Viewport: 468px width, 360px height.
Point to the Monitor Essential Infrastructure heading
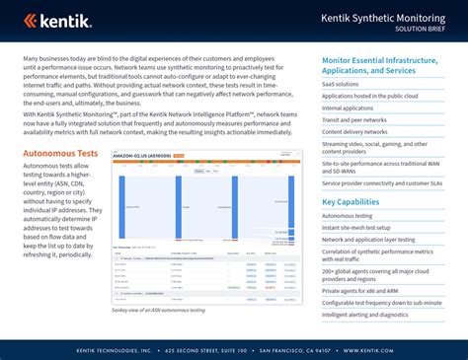click(382, 65)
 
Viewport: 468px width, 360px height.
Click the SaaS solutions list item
click(342, 85)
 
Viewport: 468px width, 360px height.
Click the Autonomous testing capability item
click(349, 215)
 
